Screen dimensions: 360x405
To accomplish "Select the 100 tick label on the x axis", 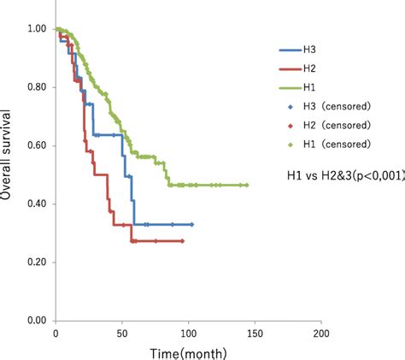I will (x=187, y=333).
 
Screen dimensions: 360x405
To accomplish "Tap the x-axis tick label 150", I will (x=254, y=333).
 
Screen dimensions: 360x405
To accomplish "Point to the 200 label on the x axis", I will (x=320, y=333).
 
